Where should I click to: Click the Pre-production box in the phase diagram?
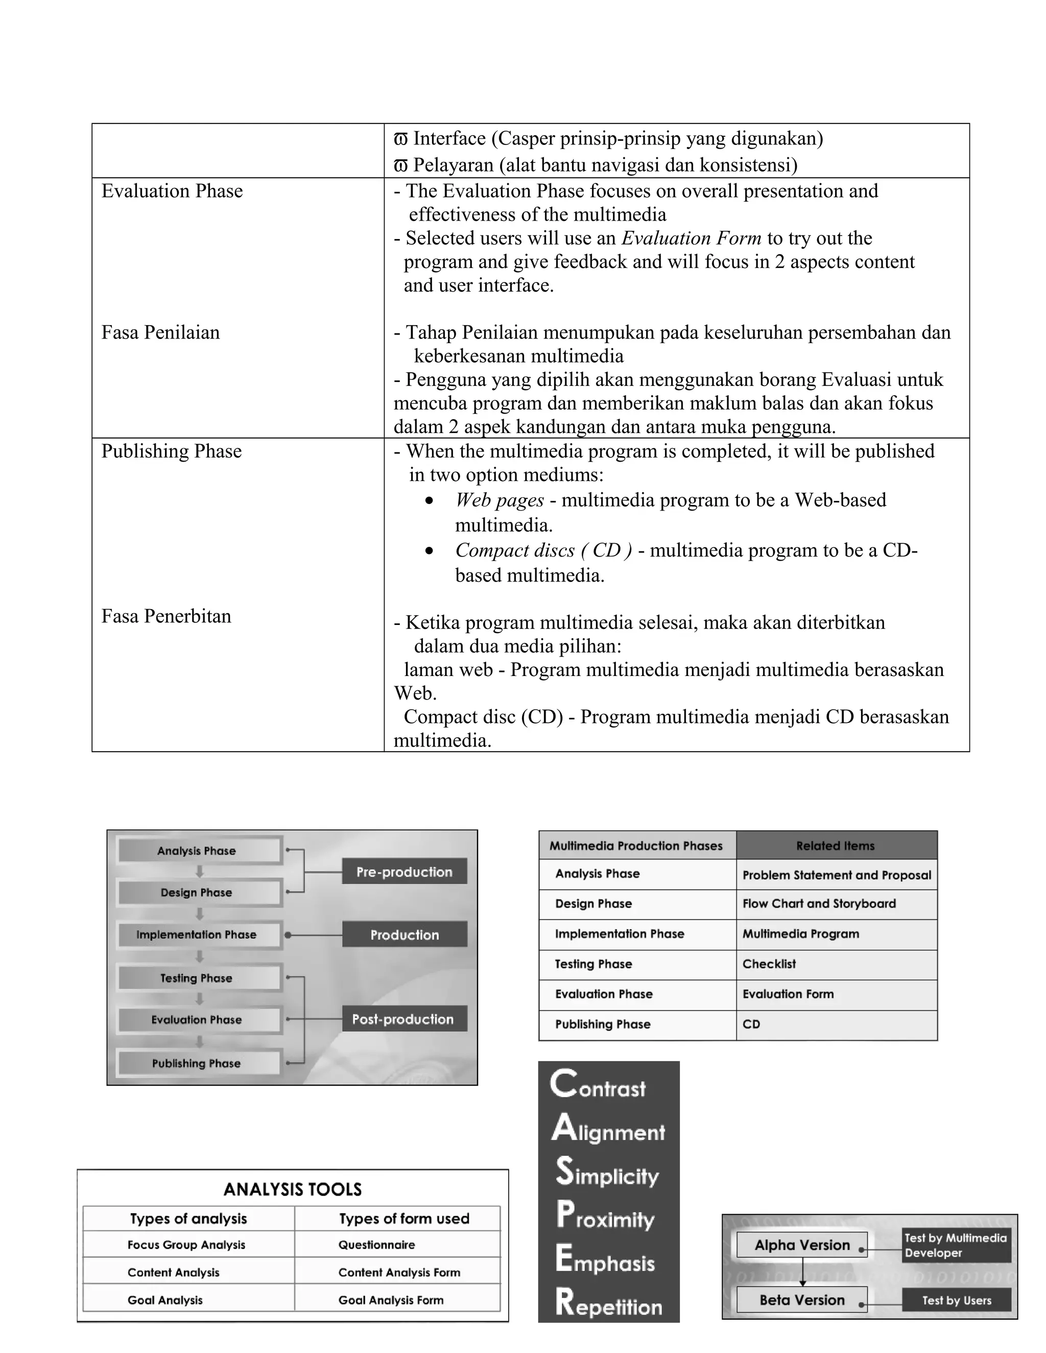[x=404, y=872]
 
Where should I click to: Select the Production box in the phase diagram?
[x=404, y=934]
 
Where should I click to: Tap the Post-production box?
[x=404, y=1019]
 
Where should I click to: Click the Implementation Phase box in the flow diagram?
[x=197, y=934]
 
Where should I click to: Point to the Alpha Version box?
[x=802, y=1245]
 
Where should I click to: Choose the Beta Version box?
[x=802, y=1300]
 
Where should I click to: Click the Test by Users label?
[x=956, y=1300]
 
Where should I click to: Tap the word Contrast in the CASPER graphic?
[x=598, y=1085]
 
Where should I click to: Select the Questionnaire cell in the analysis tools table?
[x=377, y=1245]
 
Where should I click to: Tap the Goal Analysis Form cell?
[x=391, y=1300]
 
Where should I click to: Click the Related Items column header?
[x=835, y=845]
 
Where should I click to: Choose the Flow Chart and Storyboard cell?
[x=819, y=903]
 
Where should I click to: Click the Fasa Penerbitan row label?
[x=166, y=616]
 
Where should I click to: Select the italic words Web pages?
[x=500, y=500]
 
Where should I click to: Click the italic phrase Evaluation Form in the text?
[x=691, y=238]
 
